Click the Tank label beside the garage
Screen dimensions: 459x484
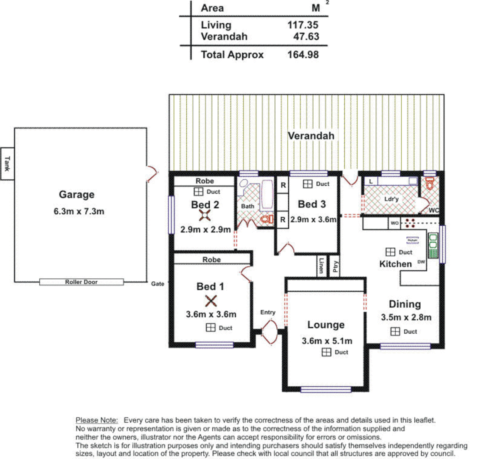(7, 164)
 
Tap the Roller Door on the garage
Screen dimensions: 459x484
(82, 282)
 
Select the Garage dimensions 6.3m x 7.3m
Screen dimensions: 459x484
(79, 211)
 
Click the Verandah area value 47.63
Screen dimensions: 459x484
(306, 37)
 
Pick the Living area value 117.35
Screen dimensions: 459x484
(303, 25)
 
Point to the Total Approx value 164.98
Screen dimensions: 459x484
(303, 54)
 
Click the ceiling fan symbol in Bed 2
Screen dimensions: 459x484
(205, 216)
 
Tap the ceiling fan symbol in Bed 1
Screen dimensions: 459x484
(211, 301)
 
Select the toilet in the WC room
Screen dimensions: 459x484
(430, 184)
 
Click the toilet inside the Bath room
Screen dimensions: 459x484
(266, 219)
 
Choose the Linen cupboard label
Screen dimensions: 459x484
(321, 266)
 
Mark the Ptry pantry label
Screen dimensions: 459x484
(335, 266)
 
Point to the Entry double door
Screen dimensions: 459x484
(270, 331)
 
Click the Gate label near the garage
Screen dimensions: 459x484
(158, 283)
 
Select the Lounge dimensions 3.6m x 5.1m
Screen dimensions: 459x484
(327, 341)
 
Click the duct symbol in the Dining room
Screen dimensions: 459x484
(395, 331)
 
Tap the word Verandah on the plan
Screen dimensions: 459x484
(311, 136)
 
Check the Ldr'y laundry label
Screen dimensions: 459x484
(391, 199)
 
